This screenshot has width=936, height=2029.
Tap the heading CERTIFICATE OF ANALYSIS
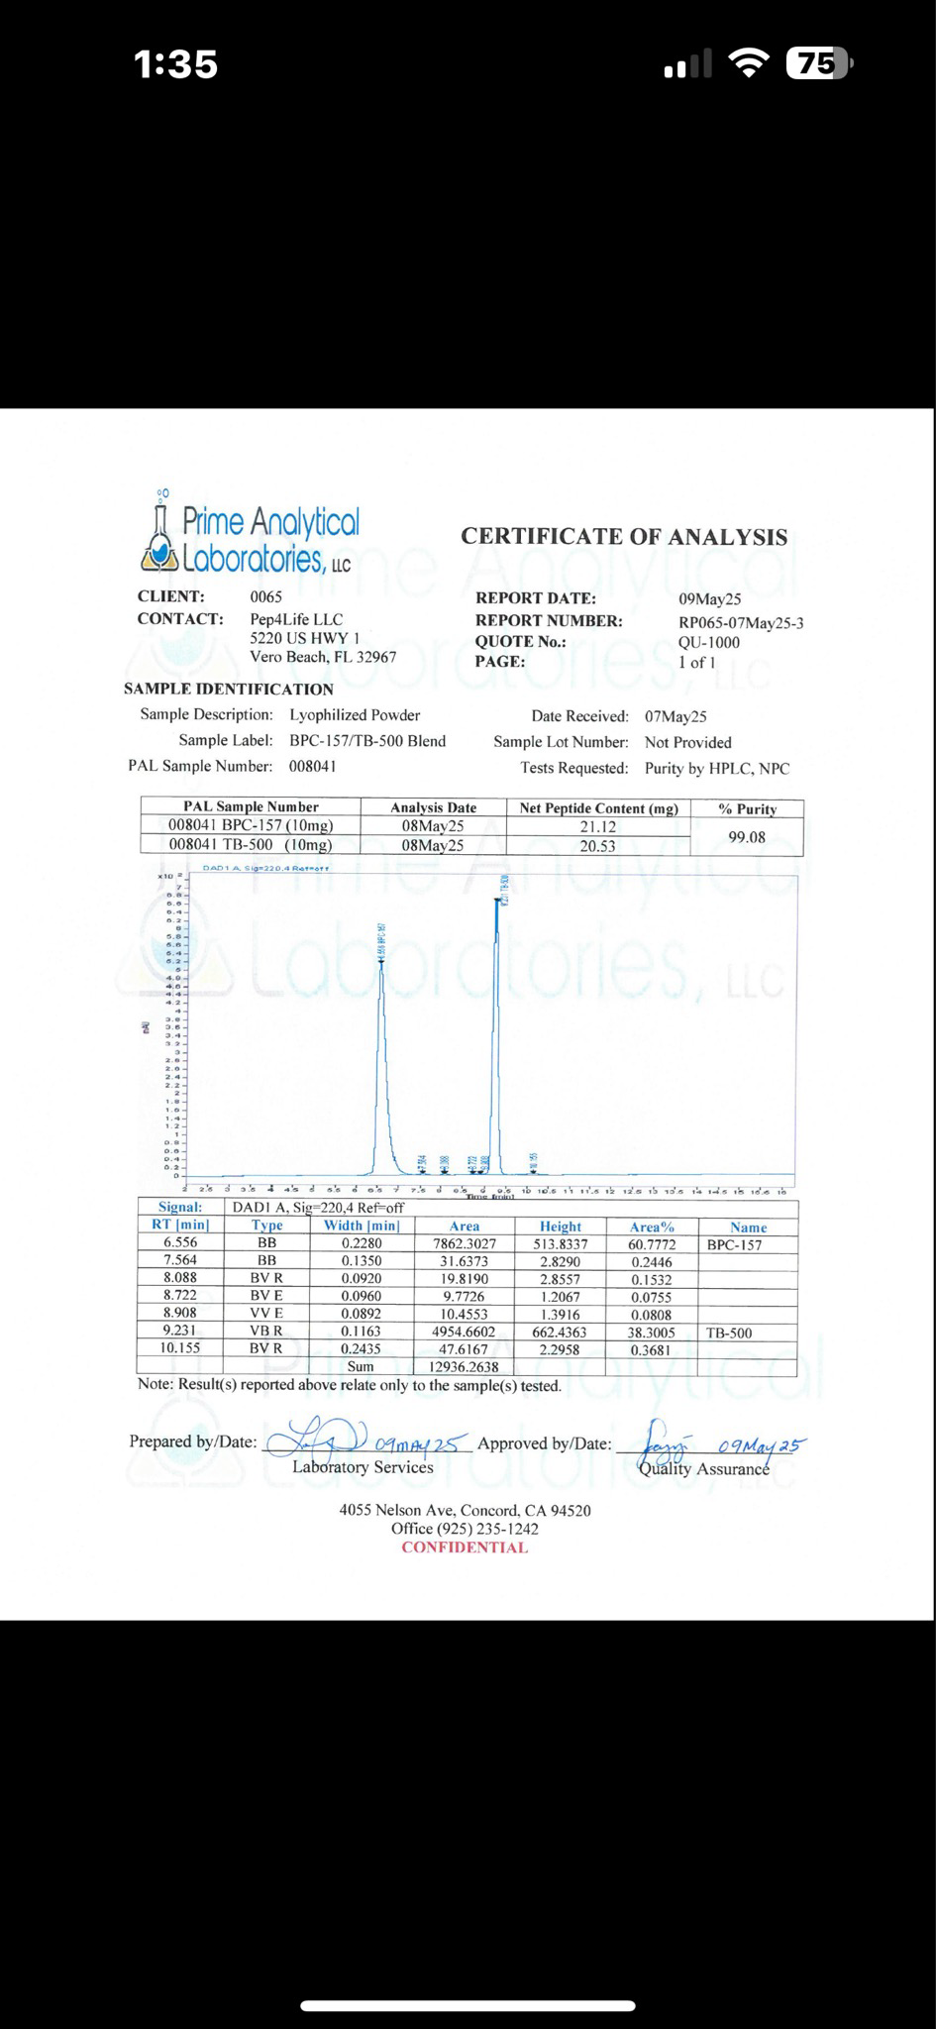[624, 537]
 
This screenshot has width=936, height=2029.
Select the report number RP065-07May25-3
[741, 623]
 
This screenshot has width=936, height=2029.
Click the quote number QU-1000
[708, 642]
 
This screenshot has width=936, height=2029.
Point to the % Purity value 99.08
[747, 837]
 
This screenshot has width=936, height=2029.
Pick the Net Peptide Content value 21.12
[597, 827]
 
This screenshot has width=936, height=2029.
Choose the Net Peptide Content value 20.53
[597, 846]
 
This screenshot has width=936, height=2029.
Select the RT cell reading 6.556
[180, 1242]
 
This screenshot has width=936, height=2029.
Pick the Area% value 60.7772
[652, 1243]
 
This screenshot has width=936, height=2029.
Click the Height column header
[561, 1227]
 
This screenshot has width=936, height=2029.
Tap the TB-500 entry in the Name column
[729, 1334]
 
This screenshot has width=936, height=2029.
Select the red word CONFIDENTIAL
[465, 1548]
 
